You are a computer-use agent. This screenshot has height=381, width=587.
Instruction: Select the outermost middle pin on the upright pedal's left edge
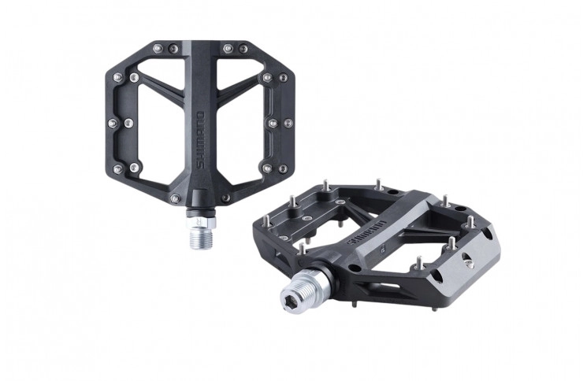tap(108, 124)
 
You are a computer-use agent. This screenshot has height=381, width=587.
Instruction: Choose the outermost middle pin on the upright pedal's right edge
tap(288, 124)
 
